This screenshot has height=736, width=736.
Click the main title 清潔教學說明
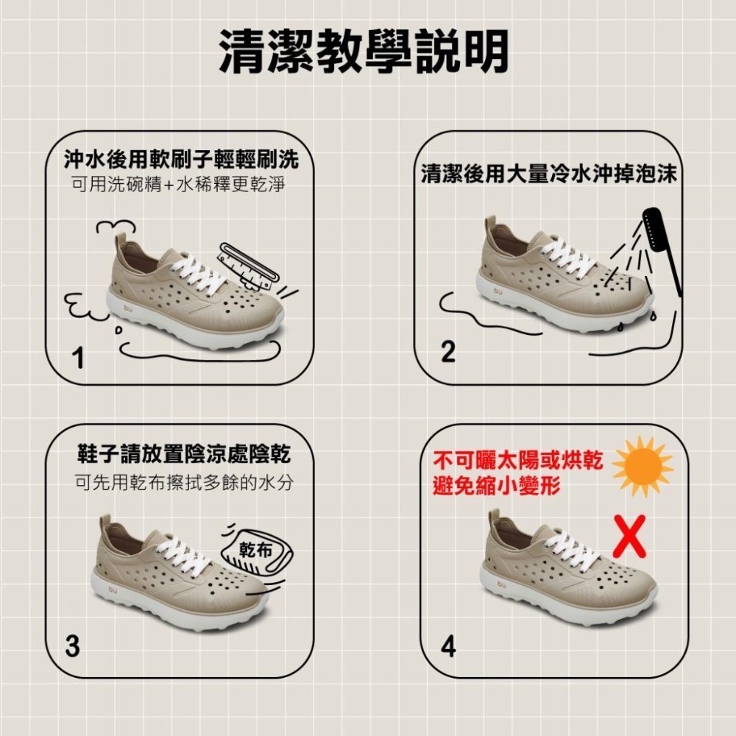click(364, 52)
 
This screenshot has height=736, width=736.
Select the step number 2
click(447, 351)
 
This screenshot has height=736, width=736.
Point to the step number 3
click(72, 645)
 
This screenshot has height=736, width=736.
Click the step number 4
click(448, 646)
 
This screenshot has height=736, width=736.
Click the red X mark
click(629, 536)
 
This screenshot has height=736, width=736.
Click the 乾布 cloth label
click(256, 549)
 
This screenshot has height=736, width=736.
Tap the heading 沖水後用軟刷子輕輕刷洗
click(181, 160)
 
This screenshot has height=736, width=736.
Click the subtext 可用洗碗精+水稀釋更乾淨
click(178, 185)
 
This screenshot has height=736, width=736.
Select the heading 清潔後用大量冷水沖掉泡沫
click(549, 173)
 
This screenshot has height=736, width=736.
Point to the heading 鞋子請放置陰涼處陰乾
click(184, 454)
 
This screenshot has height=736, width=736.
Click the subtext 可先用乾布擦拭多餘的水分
click(184, 482)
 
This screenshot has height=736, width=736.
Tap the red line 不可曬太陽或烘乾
click(517, 461)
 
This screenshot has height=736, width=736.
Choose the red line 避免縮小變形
click(497, 485)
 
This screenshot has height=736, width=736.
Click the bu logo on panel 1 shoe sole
click(128, 308)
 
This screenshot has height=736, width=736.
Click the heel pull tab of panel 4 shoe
click(494, 520)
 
